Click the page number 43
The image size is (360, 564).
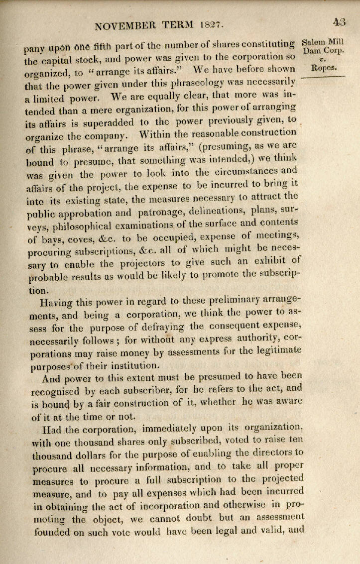(340, 22)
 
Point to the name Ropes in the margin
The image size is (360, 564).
(323, 68)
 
